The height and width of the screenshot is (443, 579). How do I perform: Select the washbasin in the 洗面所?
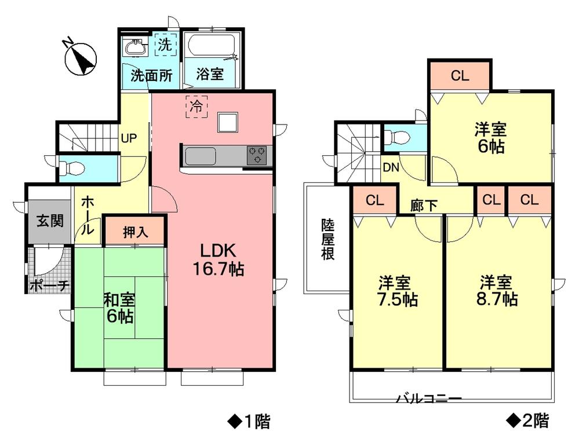point(137,47)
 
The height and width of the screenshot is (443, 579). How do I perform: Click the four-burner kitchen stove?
point(258,155)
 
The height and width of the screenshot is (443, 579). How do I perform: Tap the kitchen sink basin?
point(199,155)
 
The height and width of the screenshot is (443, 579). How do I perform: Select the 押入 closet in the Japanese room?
point(135,232)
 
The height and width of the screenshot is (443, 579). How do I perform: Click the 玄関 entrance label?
point(49,221)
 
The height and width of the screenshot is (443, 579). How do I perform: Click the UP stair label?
point(129,139)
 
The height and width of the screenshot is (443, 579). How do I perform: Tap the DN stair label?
point(389,169)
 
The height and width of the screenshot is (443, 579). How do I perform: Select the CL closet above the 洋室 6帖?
point(460,75)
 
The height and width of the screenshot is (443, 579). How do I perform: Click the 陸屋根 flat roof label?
point(328,238)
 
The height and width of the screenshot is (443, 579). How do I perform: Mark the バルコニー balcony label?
point(428,399)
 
